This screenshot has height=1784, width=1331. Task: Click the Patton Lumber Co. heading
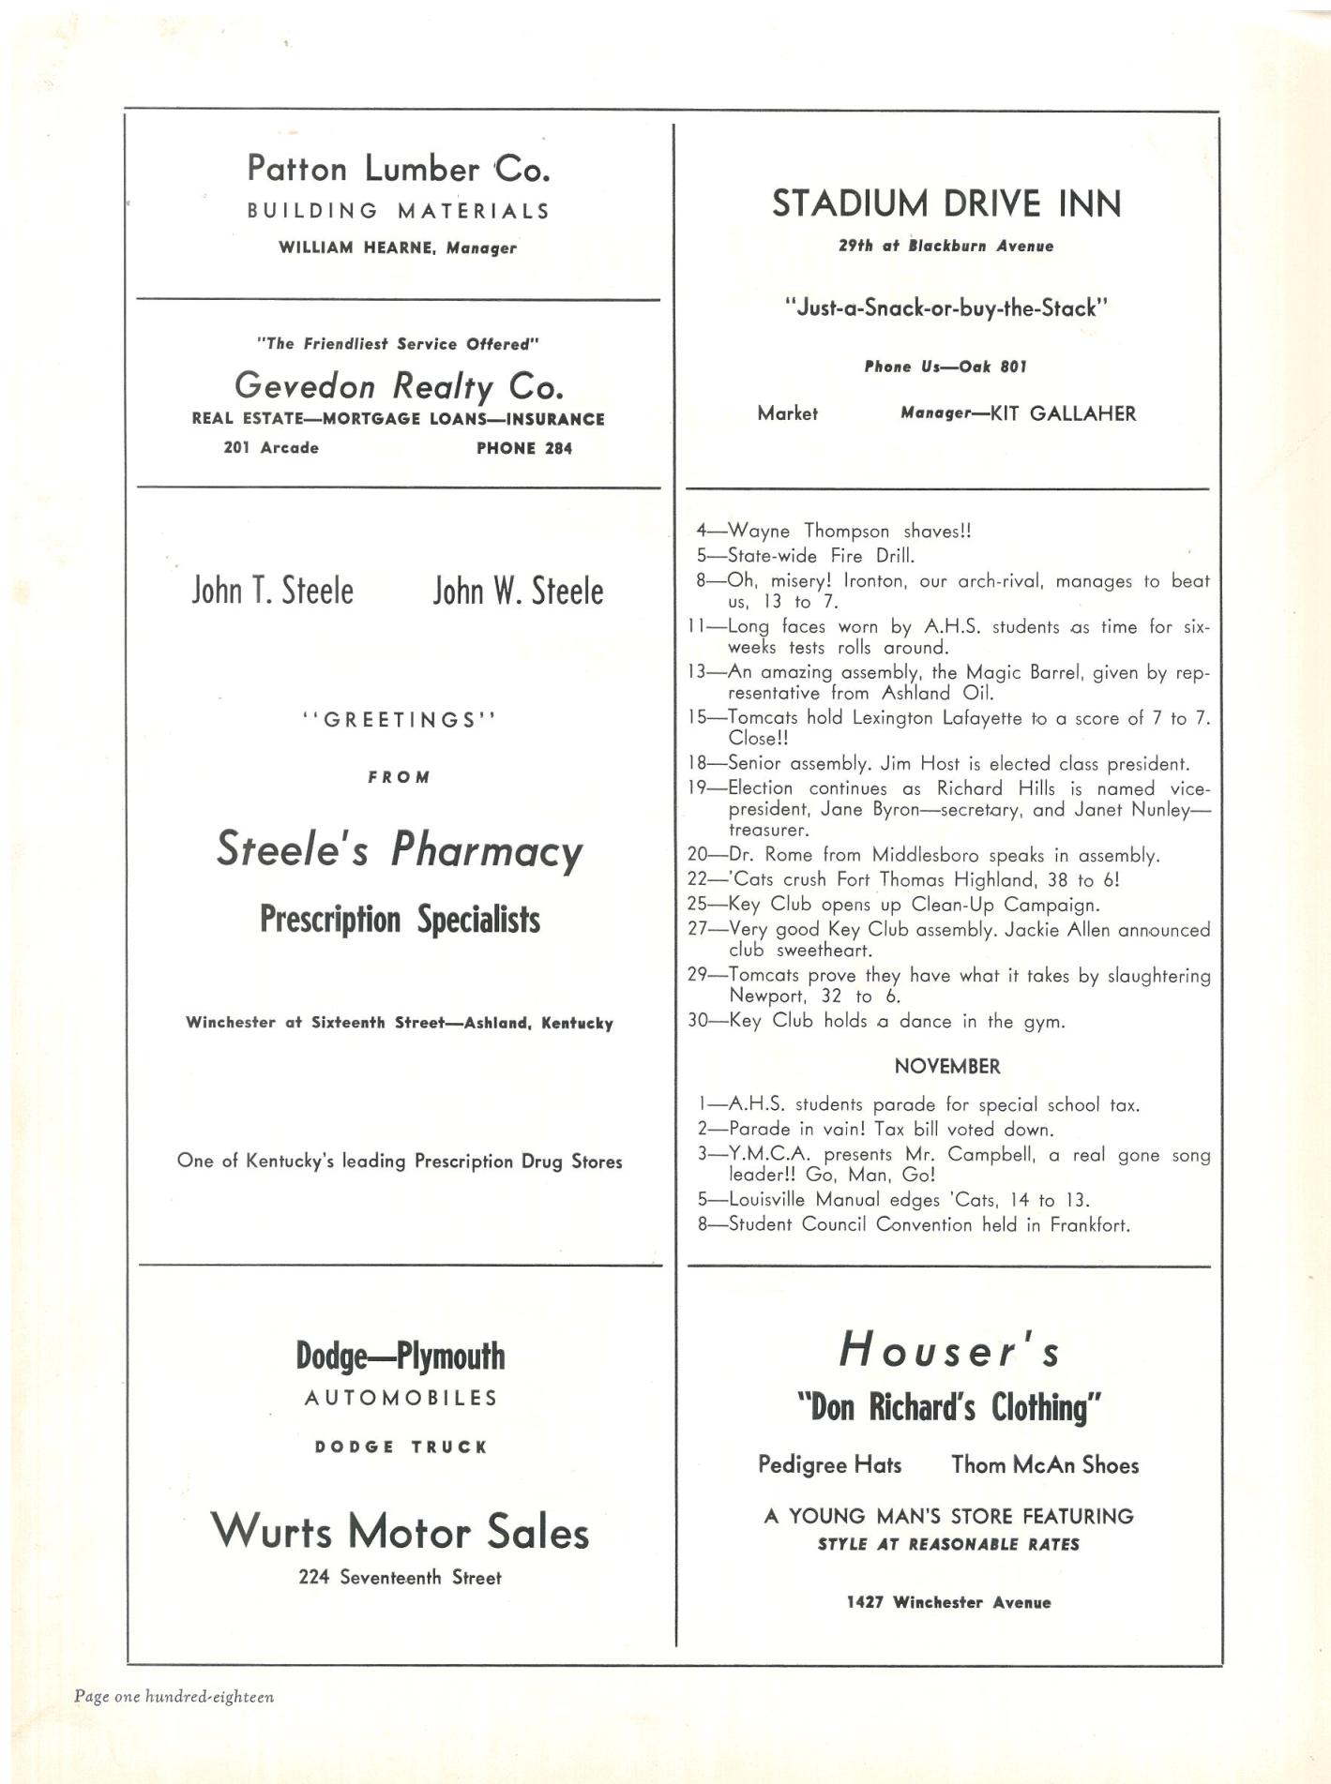coord(399,169)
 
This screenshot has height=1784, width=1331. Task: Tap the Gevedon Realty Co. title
coord(399,385)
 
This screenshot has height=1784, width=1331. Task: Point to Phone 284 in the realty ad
coord(523,448)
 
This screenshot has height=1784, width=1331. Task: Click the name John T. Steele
coord(273,592)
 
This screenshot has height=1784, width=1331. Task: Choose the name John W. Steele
coord(518,592)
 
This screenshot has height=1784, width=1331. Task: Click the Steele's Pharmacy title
coord(400,850)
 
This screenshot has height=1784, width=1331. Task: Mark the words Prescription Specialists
coord(400,920)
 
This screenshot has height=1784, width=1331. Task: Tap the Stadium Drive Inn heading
coord(946,203)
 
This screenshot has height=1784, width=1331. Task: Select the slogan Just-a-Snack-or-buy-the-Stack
coord(945,307)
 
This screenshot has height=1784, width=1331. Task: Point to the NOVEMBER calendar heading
coord(946,1066)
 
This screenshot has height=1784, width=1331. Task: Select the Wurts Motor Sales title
coord(400,1532)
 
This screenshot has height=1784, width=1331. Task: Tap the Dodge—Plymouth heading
coord(400,1356)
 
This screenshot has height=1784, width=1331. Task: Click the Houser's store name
coord(949,1351)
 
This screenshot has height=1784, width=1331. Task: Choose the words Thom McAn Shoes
coord(1045,1464)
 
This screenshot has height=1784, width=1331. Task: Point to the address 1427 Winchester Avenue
coord(948,1602)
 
